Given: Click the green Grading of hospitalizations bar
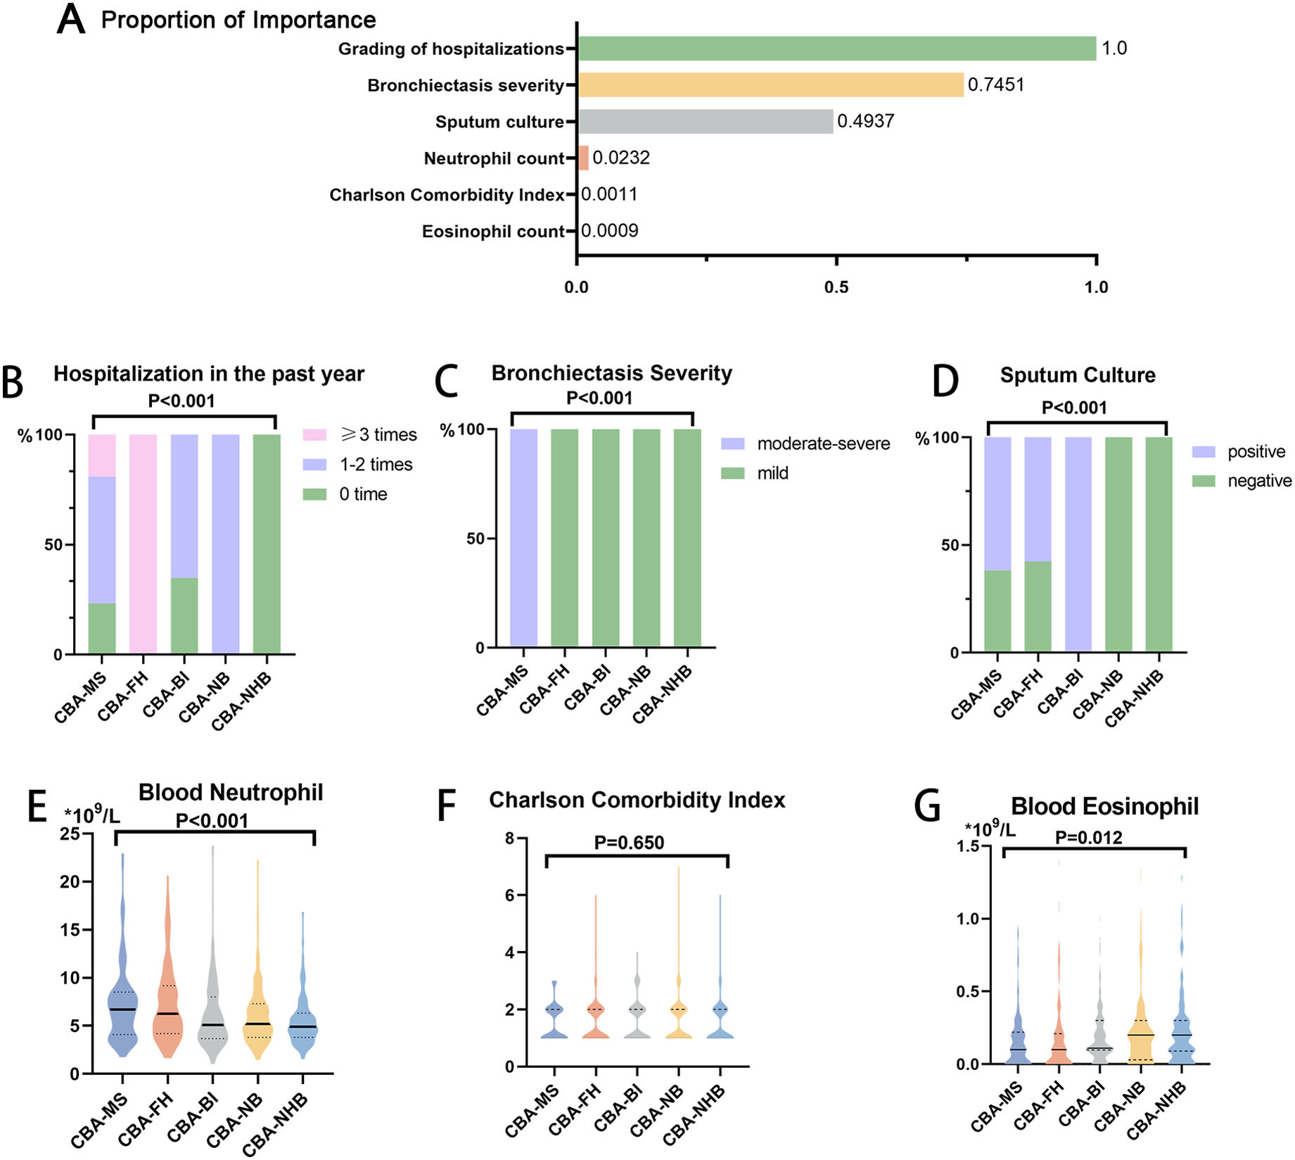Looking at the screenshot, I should [836, 49].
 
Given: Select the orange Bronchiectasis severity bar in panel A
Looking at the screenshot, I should [770, 85].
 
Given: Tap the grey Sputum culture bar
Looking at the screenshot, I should [705, 122].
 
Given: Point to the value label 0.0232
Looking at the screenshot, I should [621, 158].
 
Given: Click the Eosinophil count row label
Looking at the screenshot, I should [493, 231].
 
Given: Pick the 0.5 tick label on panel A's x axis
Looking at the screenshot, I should [836, 287].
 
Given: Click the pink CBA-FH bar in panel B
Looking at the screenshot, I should [143, 544].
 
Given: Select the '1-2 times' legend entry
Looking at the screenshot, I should [376, 464].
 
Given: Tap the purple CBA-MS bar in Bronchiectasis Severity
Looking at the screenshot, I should [523, 537].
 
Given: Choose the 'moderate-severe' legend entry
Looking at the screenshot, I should [823, 444].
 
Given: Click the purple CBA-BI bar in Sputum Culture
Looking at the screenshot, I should [1078, 544].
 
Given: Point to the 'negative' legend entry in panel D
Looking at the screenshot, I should [1259, 481].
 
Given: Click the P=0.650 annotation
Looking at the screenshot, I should [629, 843].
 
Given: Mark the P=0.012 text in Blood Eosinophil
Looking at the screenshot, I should [1089, 838].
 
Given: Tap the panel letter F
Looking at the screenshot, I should [447, 806].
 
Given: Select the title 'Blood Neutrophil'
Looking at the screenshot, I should [231, 793].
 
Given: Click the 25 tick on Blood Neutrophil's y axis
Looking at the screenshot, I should [70, 834].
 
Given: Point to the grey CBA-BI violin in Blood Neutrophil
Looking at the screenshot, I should [212, 1006].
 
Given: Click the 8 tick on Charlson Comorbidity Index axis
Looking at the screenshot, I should [509, 839].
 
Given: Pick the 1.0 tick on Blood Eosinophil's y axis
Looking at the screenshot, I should [969, 919].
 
